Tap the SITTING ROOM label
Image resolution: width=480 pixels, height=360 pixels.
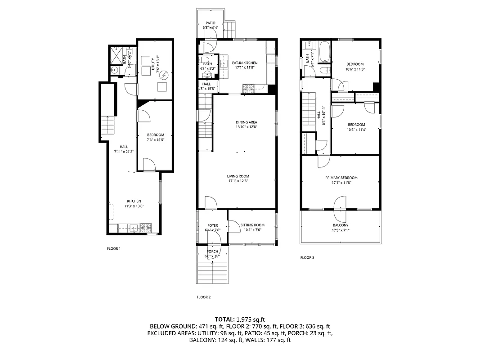click(x=252, y=225)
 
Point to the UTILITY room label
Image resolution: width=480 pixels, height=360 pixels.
click(x=153, y=60)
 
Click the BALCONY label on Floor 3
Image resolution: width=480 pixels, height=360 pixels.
click(x=340, y=225)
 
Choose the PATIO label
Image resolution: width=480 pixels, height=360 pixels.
click(x=211, y=23)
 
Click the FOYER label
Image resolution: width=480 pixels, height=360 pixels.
click(x=212, y=225)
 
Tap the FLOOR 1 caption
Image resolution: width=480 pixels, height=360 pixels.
click(x=113, y=248)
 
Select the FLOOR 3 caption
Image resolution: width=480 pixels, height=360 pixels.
click(x=307, y=258)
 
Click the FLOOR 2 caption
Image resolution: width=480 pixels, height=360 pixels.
click(x=203, y=297)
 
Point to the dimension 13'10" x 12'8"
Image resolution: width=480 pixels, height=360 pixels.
click(x=246, y=127)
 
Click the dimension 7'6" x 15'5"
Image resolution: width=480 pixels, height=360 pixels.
click(x=155, y=140)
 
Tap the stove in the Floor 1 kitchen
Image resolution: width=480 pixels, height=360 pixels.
click(x=145, y=228)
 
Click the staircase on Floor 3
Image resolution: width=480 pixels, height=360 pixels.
click(x=309, y=110)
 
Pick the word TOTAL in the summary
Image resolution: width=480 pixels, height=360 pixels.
click(x=224, y=319)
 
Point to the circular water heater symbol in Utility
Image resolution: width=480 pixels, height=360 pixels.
click(x=164, y=74)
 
